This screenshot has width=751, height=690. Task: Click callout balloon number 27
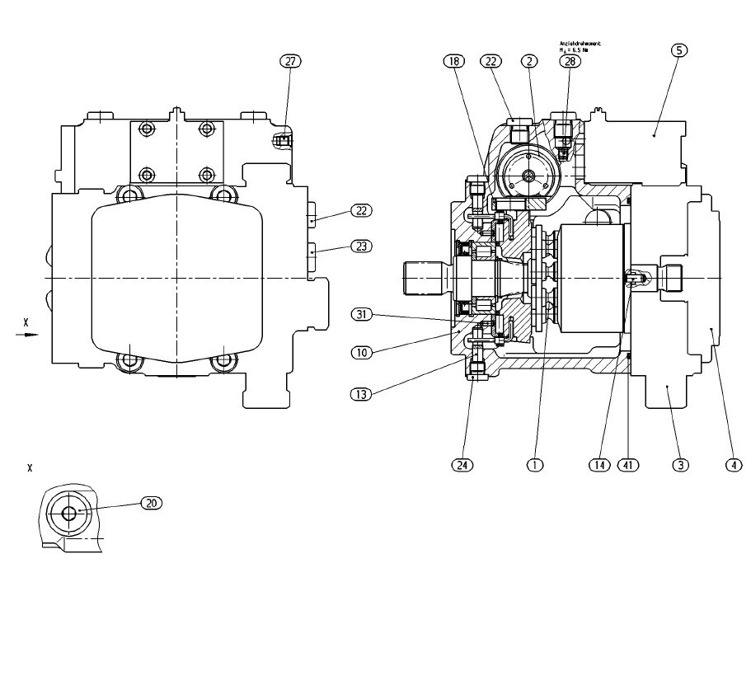coord(290,61)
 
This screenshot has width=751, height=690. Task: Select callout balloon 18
coord(454,61)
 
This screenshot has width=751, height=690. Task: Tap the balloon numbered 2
coord(530,61)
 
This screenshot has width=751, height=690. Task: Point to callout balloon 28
coord(568,61)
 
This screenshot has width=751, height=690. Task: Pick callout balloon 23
coord(361,246)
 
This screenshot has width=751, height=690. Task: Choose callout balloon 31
coord(361,314)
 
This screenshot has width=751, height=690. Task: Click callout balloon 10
coord(361,352)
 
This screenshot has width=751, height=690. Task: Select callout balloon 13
coord(361,394)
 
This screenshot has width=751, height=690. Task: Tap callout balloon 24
coord(463,465)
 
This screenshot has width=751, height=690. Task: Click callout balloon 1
coord(535,465)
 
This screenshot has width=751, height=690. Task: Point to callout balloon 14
coord(599,465)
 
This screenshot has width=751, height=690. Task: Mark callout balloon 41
coord(630,465)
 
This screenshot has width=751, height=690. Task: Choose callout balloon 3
coord(679,465)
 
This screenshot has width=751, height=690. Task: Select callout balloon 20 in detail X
coord(152,502)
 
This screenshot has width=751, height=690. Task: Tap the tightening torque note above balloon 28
coord(580,48)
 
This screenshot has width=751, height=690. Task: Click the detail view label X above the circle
coord(30,468)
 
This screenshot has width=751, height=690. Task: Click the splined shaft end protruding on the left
coord(424,278)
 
